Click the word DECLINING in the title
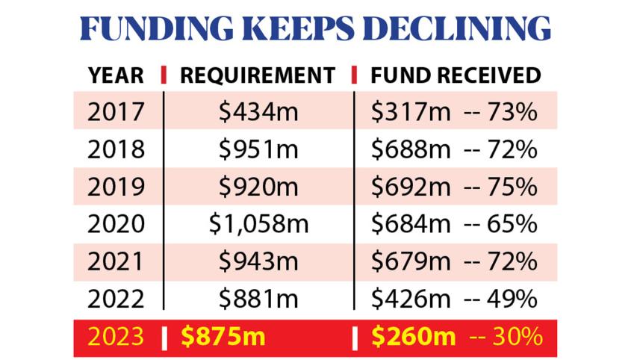point(456,28)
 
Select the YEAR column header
point(116,75)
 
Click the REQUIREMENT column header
point(258,75)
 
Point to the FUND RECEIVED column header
point(455,75)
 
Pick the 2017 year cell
point(116,112)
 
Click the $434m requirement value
point(258,112)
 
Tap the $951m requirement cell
point(258,149)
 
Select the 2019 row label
point(116,187)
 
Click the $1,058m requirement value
point(258,224)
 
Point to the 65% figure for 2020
point(512,224)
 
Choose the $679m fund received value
point(411,261)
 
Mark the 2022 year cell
point(116,299)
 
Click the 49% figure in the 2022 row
point(512,299)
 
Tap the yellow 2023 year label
point(116,337)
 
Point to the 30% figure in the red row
point(516,337)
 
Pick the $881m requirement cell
point(258,299)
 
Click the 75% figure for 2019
point(512,187)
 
